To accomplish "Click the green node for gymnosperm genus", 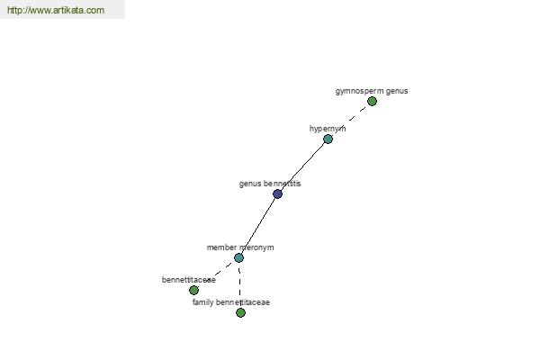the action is click(372, 102).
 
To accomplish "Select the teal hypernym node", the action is click(328, 139).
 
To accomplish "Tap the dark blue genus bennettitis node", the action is click(277, 194).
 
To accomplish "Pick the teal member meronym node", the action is click(238, 257).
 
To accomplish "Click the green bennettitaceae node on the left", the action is click(193, 290).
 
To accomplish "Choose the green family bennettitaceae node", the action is click(240, 312).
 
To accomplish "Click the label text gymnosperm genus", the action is click(372, 91).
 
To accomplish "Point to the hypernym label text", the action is click(328, 129).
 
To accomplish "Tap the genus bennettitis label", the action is click(270, 184).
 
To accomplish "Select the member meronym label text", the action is click(240, 247).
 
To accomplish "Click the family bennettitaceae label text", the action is click(231, 302).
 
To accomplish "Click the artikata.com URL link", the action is click(56, 10).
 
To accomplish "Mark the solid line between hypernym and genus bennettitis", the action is click(302, 166).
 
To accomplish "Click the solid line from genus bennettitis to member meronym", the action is click(258, 226).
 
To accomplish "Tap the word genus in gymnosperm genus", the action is click(397, 91).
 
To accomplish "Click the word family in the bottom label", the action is click(202, 302).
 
